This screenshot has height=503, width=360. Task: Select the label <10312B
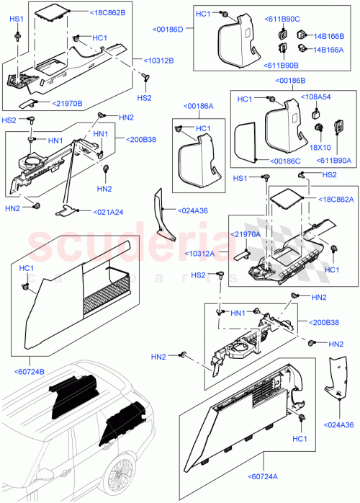click(x=159, y=61)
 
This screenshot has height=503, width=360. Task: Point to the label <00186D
click(x=168, y=30)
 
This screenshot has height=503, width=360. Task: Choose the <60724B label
click(x=29, y=371)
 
